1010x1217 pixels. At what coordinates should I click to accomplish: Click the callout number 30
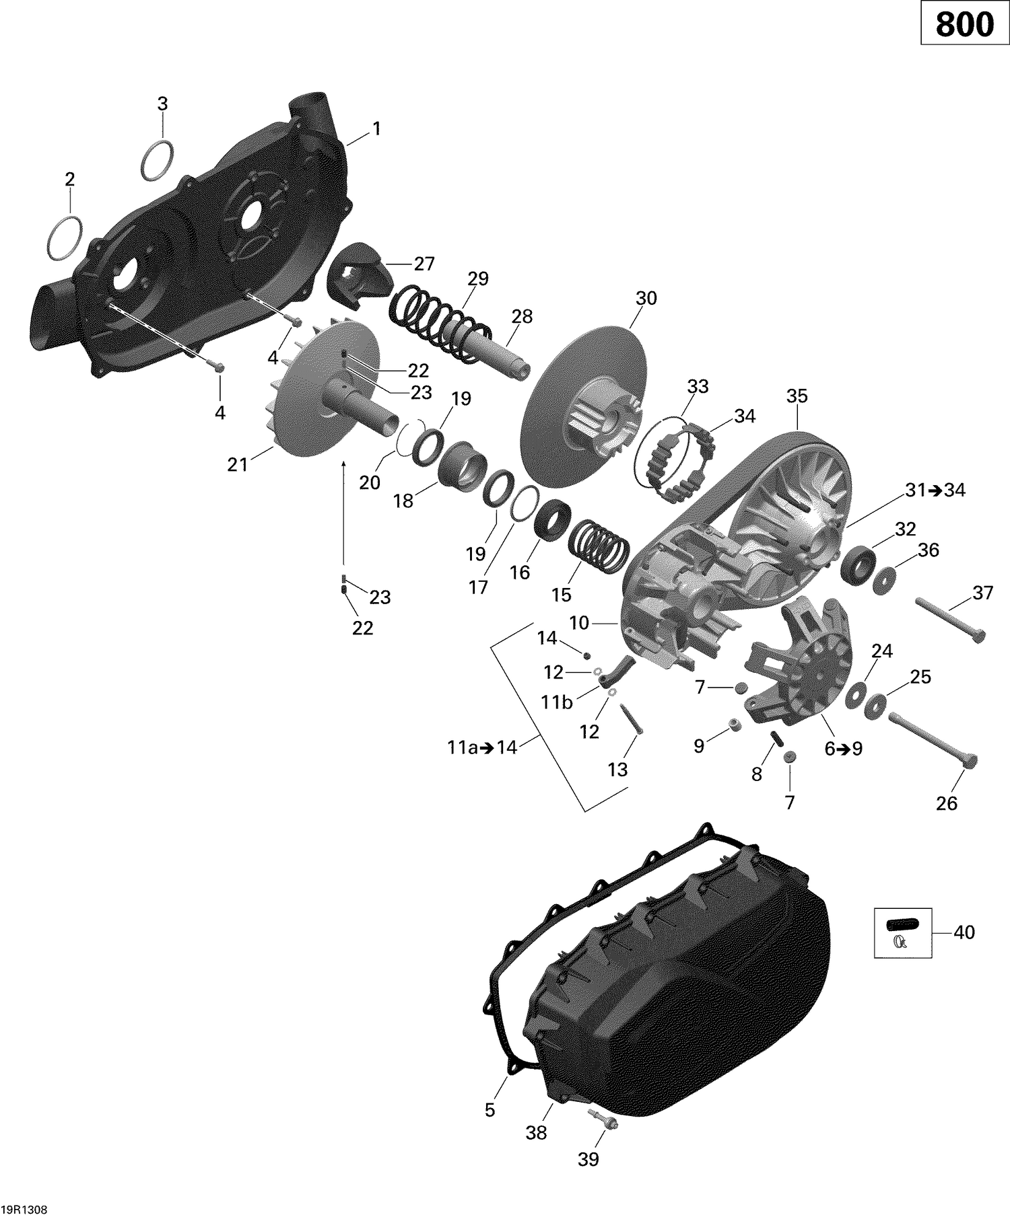[x=646, y=298]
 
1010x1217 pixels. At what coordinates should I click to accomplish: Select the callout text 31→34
[x=935, y=490]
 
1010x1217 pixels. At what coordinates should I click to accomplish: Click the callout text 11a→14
[x=481, y=747]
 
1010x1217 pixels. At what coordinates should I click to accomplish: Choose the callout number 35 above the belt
[x=797, y=396]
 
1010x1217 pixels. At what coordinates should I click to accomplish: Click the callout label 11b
[x=557, y=702]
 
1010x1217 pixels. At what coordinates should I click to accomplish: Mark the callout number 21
[x=237, y=464]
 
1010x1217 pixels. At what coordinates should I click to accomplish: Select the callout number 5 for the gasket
[x=490, y=1109]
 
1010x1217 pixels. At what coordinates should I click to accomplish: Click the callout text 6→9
[x=844, y=749]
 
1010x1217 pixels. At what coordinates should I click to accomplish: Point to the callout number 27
[x=424, y=263]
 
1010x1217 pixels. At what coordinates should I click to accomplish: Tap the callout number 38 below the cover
[x=536, y=1133]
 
